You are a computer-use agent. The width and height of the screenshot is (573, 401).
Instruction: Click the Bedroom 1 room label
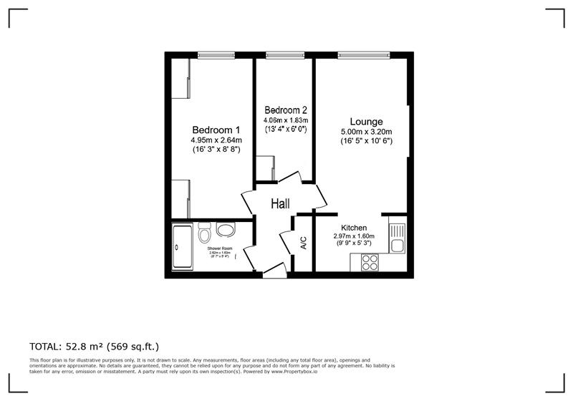[216, 129]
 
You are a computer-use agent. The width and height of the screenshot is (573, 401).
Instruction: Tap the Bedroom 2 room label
[286, 110]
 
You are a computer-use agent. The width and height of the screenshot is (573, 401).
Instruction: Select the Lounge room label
[366, 121]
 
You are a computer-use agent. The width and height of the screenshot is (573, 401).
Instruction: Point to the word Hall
[280, 204]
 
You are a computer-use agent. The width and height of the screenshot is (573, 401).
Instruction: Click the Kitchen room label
[354, 228]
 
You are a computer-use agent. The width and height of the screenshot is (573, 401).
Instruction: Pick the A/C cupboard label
[304, 243]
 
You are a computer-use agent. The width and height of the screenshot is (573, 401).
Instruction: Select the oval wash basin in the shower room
[226, 231]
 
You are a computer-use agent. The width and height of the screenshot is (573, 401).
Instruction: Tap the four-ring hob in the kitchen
[370, 261]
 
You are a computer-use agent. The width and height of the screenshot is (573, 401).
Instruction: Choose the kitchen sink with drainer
[397, 238]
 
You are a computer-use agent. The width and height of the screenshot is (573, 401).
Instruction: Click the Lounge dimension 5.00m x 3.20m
[366, 132]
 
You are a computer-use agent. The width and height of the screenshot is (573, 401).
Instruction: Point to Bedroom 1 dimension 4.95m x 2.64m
[216, 140]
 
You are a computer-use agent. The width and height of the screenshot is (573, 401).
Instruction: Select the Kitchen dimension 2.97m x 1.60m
[355, 236]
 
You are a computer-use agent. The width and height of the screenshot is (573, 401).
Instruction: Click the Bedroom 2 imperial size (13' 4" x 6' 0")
[286, 130]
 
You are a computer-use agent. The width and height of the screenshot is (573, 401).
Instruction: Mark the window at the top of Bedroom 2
[285, 54]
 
